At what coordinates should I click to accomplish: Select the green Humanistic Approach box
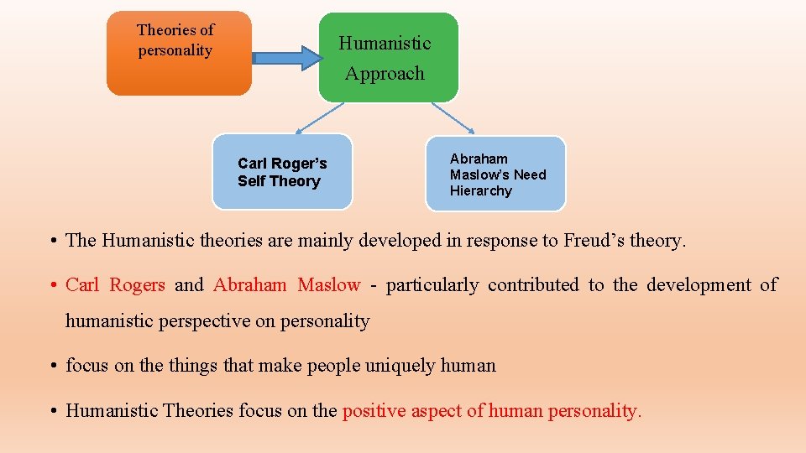click(388, 58)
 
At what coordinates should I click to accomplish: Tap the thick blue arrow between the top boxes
click(288, 58)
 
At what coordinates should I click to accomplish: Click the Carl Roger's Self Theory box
click(282, 172)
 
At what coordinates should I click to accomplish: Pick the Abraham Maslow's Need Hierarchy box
click(496, 174)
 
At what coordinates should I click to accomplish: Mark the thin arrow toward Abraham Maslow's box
click(453, 118)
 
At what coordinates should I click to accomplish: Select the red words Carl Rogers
click(115, 285)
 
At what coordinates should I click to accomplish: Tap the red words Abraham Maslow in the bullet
click(286, 285)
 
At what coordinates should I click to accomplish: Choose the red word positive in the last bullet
click(373, 411)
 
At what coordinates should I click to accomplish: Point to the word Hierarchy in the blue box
click(480, 190)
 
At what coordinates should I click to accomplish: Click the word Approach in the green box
click(385, 74)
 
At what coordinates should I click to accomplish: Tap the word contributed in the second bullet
click(533, 285)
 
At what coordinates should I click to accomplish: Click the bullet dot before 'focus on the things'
click(52, 366)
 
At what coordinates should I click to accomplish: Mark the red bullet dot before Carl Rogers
click(52, 285)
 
